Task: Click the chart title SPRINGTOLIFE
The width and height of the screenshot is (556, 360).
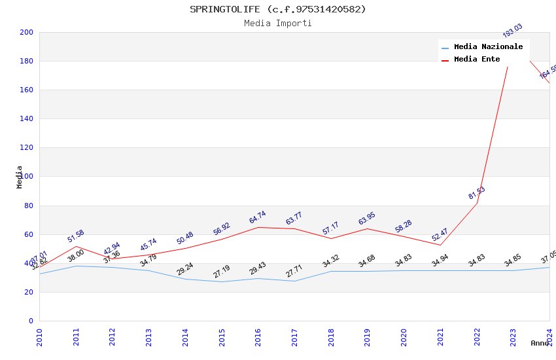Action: click(278, 9)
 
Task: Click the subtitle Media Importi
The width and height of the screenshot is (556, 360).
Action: click(278, 24)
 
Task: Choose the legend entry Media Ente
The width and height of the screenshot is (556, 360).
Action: click(477, 60)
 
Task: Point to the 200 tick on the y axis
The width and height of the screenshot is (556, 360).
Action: click(27, 33)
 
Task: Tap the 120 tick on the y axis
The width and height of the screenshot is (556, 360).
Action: click(27, 148)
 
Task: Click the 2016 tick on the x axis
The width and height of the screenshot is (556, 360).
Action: click(258, 336)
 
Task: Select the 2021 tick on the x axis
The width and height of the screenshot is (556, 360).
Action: click(440, 336)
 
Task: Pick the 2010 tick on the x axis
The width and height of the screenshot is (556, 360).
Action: click(39, 336)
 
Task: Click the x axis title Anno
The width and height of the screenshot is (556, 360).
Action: click(540, 343)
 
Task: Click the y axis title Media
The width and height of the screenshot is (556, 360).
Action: click(20, 177)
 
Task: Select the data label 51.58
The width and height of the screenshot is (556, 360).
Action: click(76, 236)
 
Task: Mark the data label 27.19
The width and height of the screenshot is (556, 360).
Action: click(222, 272)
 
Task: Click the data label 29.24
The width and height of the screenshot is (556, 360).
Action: click(185, 269)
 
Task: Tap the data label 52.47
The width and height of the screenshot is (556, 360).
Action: click(440, 234)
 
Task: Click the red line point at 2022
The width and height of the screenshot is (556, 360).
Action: click(477, 203)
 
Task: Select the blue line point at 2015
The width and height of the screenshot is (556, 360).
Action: click(222, 281)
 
